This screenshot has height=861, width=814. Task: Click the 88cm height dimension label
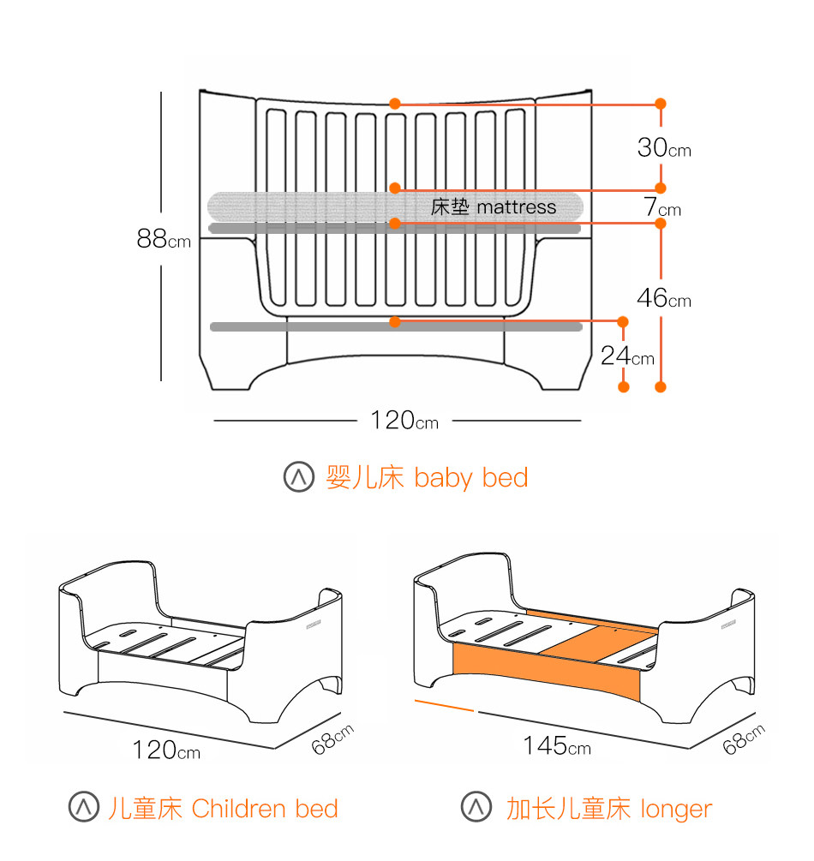164,239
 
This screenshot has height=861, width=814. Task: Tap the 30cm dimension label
663,148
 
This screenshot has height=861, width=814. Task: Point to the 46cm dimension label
663,299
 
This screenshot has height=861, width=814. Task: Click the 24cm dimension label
627,356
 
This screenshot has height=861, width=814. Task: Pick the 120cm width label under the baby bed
404,421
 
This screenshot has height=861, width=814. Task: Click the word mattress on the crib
516,206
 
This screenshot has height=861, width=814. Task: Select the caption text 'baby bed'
470,477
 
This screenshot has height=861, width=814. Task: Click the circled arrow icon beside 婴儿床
299,477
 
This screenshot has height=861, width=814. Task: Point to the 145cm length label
557,746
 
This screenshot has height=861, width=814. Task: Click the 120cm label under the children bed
166,750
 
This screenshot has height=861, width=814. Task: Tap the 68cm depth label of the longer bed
743,739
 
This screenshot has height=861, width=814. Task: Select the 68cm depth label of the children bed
332,739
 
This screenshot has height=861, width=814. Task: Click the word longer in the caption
675,808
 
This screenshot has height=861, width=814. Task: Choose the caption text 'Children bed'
265,808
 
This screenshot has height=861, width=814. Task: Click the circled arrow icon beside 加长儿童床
476,808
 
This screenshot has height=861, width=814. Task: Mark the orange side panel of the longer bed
548,671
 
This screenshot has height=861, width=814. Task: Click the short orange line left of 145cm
444,705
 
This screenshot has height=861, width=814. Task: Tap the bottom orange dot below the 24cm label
624,387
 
